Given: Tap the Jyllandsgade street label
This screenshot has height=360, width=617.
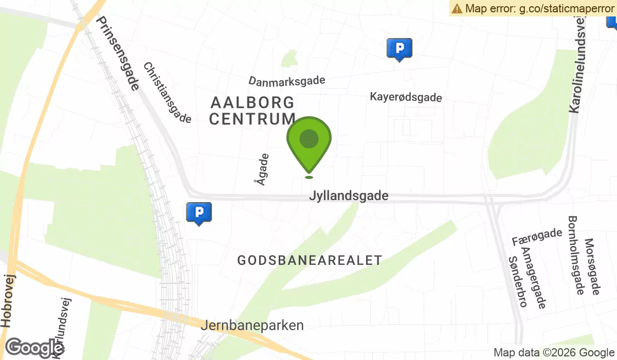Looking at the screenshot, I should tap(349, 196).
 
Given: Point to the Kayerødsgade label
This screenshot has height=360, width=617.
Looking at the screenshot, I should tap(406, 97).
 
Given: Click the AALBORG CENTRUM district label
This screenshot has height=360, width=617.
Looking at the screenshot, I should tap(252, 111).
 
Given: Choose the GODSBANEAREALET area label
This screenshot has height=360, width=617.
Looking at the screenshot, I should tap(310, 260).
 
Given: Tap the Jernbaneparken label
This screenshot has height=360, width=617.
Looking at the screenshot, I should tap(252, 326).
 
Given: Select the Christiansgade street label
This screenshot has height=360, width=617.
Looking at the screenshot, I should tap(167, 93).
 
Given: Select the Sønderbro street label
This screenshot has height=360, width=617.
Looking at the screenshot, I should tap(517, 281).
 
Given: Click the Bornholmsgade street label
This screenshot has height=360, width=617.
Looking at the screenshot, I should tap(575, 255).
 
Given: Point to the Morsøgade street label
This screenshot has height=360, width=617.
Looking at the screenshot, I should tap(592, 266).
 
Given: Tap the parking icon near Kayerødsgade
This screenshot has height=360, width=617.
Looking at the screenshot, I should tap(399, 49).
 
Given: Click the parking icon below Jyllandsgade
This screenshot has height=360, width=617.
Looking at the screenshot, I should tap(198, 212).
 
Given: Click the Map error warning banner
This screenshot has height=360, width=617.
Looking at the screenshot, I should tap(533, 8).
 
